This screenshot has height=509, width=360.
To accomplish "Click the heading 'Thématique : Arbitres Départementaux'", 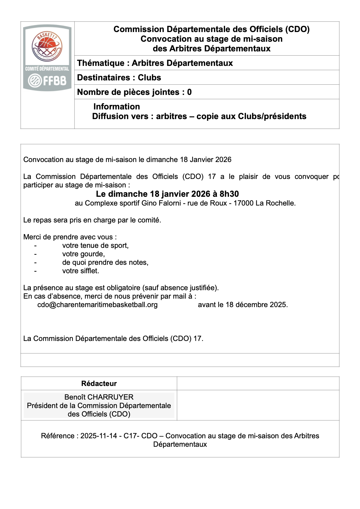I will pos(155,63).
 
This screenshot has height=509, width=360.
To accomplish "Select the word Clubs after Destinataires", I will pos(149,77).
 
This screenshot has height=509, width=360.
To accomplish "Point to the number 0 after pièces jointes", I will pos(189,92).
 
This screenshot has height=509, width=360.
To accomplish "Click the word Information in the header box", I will pos(116,106).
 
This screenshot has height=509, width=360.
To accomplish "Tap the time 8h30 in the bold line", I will pos(229,194).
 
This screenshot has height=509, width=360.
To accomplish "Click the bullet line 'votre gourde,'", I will pos(83,254).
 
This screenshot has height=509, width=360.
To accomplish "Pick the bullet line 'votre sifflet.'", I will pos(80,271).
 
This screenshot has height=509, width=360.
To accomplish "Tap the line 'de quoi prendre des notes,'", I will pos(105,262).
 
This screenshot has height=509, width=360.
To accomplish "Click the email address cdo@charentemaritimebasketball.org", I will pos(97,305).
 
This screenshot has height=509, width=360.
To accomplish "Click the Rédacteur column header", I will pos(99,383).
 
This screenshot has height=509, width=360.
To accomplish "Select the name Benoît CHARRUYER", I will pos(99,397).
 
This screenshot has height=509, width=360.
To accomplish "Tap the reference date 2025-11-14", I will pos(99,436).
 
